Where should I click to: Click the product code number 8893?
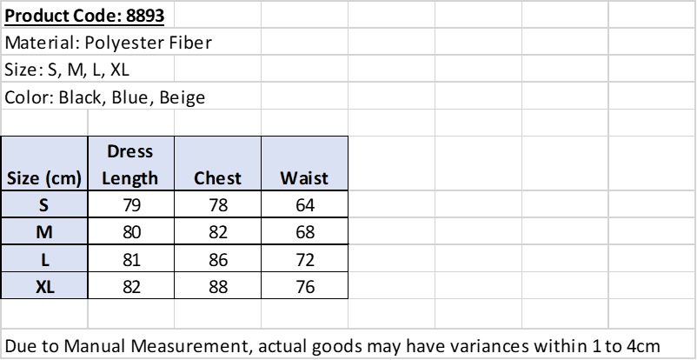145,16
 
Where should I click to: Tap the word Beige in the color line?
183,97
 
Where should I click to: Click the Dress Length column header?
129,164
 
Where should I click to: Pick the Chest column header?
217,178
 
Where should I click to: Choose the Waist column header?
304,178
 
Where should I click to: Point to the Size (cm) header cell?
44,178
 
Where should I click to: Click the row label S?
43,205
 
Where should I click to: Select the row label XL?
45,287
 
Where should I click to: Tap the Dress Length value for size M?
131,232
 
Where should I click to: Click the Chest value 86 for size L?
218,260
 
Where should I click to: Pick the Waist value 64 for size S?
305,205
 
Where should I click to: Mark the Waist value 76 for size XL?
305,287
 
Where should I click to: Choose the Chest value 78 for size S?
218,205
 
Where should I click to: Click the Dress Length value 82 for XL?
131,287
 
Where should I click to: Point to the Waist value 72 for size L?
305,260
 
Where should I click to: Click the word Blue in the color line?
129,97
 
